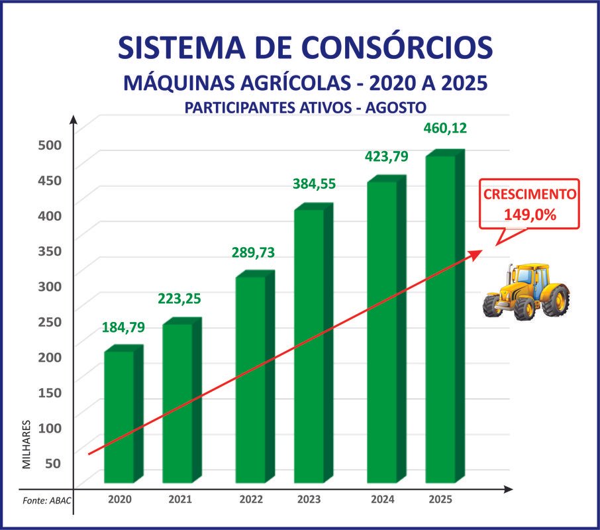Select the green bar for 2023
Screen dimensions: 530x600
(309, 344)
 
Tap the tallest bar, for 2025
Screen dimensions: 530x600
(440, 318)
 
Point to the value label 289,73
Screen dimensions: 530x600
(252, 252)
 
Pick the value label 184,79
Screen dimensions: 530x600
(123, 327)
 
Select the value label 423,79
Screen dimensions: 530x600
(387, 157)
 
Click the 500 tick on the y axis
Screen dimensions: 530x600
(48, 145)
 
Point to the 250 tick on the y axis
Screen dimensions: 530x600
(48, 322)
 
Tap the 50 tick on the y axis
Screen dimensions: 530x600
(52, 463)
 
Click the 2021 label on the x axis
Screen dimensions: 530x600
(180, 500)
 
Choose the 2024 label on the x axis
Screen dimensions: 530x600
(383, 500)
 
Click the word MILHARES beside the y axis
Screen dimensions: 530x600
(27, 444)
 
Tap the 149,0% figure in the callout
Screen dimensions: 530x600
(529, 215)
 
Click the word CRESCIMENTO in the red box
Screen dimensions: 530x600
(530, 195)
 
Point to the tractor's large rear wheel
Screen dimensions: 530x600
(556, 299)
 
